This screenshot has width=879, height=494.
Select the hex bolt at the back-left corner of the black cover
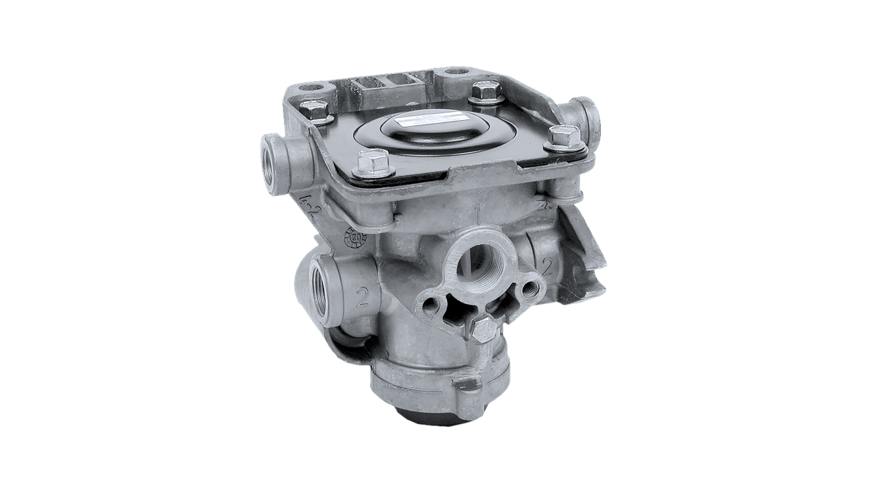point(315,109)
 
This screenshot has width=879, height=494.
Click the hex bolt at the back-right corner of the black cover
point(486,91)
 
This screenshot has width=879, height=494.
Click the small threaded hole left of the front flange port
point(431,302)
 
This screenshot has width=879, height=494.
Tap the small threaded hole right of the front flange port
point(529,290)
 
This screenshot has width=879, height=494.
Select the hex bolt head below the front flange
point(484,330)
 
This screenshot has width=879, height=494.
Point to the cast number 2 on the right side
point(547,266)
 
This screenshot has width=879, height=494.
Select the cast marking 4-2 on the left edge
point(308,204)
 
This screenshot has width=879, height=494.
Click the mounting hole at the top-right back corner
point(454,71)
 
